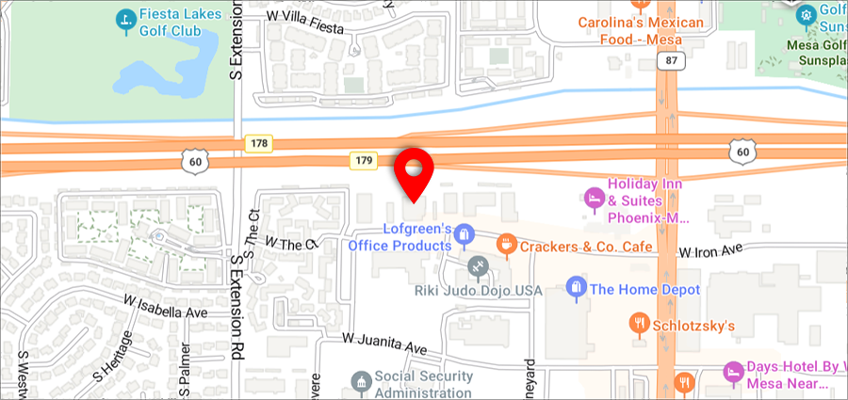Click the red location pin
pyautogui.click(x=414, y=169)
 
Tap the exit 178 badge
pyautogui.click(x=258, y=143)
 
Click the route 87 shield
pyautogui.click(x=670, y=60)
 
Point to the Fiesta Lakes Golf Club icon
pyautogui.click(x=124, y=19)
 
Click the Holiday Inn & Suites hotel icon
pyautogui.click(x=594, y=198)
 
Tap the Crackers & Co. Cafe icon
pyautogui.click(x=506, y=246)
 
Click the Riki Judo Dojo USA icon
pyautogui.click(x=478, y=266)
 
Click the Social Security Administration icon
pyautogui.click(x=361, y=382)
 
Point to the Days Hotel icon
pyautogui.click(x=732, y=372)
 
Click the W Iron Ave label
pyautogui.click(x=711, y=251)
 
